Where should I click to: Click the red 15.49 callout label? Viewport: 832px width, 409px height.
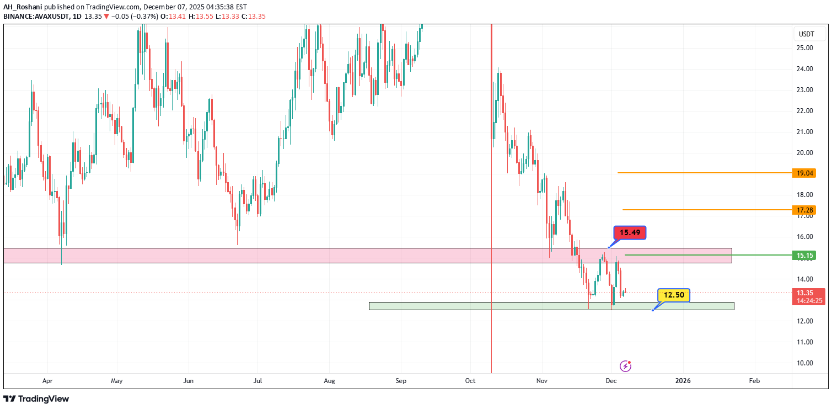630,233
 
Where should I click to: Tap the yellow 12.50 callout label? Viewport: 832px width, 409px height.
673,295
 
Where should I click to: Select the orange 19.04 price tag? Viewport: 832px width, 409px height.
803,173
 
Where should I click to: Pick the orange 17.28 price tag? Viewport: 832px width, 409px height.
803,210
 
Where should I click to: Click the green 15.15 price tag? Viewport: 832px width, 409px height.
803,255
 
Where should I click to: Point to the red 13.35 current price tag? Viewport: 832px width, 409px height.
809,293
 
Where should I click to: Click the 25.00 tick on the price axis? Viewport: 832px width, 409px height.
805,48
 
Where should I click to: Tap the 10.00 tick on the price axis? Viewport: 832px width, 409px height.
805,363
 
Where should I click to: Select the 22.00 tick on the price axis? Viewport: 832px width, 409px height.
805,111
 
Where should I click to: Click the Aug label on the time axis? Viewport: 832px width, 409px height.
329,381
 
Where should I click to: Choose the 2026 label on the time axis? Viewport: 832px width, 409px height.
683,381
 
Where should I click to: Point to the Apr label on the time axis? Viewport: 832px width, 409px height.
47,381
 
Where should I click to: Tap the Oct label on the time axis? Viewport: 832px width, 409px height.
470,381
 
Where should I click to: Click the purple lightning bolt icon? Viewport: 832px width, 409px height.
625,365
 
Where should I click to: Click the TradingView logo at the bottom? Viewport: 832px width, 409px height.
36,399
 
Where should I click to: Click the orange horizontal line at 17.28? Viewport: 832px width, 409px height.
706,210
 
